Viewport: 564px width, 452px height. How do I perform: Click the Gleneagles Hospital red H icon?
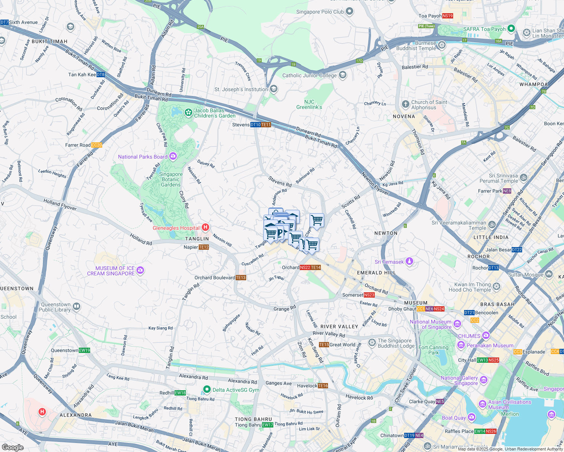tap(205, 227)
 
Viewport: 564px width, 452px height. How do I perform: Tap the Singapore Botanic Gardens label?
tap(171, 180)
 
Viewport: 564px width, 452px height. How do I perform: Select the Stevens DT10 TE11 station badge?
tap(261, 125)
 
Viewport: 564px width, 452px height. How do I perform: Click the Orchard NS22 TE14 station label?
tap(301, 267)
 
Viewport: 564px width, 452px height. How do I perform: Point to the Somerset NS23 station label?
tap(358, 295)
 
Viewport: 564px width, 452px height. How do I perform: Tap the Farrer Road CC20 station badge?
tap(97, 145)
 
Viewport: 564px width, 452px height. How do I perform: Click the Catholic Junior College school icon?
tap(342, 75)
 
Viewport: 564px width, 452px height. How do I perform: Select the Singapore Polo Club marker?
tap(349, 11)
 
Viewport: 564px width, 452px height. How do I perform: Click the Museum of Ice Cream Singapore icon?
tap(140, 270)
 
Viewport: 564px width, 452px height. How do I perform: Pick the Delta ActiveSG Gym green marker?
tap(207, 389)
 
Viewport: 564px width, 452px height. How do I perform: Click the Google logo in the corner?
tap(12, 447)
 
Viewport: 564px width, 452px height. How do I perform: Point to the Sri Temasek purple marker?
tap(409, 261)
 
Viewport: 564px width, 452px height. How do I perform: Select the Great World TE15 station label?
tap(337, 345)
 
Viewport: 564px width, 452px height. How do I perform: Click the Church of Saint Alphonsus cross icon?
tap(405, 104)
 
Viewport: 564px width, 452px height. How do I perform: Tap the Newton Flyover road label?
tap(375, 184)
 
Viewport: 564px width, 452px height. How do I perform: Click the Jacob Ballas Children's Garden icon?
tap(188, 112)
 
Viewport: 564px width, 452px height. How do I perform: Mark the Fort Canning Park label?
tap(434, 350)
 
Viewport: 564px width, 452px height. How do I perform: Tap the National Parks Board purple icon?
tap(173, 156)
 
